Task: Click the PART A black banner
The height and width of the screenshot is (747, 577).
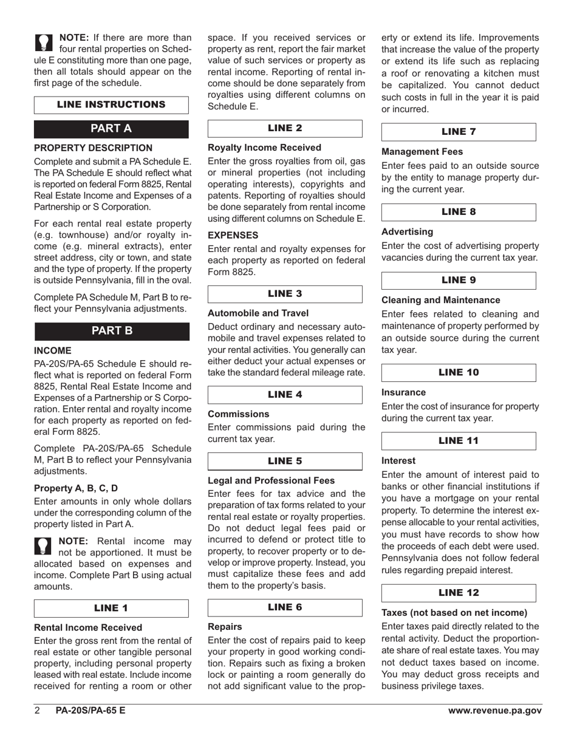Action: click(x=111, y=128)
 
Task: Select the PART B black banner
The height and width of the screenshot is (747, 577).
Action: click(x=111, y=330)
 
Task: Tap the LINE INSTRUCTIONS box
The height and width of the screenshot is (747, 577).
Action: click(x=111, y=104)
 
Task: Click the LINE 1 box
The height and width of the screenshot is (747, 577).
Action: click(x=111, y=608)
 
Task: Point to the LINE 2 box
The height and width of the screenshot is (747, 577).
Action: click(x=285, y=128)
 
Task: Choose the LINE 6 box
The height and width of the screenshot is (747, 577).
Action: click(x=285, y=607)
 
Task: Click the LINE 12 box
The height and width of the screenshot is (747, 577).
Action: click(x=459, y=593)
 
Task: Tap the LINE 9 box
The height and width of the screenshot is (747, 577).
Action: click(x=459, y=280)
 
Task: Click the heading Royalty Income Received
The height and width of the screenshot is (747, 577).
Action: click(x=264, y=148)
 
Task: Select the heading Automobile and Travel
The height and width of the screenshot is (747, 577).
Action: click(x=258, y=313)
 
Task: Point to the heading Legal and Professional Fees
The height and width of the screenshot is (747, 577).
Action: click(x=271, y=480)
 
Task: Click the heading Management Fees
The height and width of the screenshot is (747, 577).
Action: click(x=422, y=152)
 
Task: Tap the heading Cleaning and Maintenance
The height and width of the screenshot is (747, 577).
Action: click(x=441, y=300)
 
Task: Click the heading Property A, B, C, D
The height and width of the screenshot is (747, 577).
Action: click(x=76, y=488)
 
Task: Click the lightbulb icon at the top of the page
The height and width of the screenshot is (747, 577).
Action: click(x=44, y=42)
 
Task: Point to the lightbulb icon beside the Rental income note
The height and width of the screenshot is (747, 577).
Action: click(x=44, y=545)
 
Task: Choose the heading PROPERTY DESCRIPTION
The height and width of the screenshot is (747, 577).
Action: click(x=93, y=148)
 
